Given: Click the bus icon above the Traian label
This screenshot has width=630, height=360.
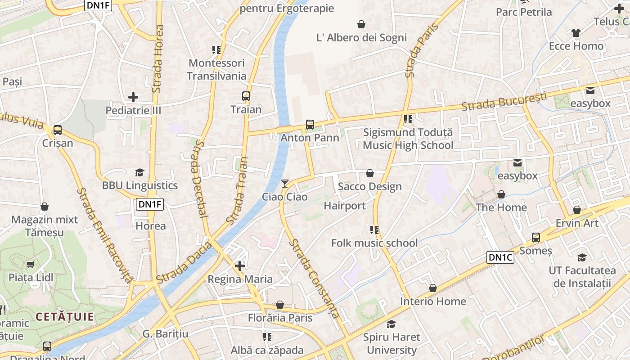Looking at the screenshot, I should click(x=246, y=96).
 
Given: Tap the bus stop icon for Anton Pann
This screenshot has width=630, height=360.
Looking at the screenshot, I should click(x=310, y=124).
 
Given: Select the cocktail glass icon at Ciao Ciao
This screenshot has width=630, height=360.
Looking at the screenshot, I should click(x=284, y=183).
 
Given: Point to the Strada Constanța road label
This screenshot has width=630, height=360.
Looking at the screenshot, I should click(x=314, y=279).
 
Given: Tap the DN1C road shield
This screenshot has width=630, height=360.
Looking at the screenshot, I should click(x=500, y=257).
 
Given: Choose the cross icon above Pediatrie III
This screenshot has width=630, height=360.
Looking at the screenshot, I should click(x=133, y=97).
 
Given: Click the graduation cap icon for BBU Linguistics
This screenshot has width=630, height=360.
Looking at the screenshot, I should click(x=139, y=172).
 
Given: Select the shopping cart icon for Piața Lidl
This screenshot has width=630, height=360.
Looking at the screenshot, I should click(x=31, y=264).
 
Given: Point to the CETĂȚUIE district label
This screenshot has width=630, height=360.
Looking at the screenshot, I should click(x=65, y=316).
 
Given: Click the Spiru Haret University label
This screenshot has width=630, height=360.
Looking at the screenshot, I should click(x=391, y=343).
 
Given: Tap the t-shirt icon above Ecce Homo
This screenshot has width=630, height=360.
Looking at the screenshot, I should click(x=576, y=32).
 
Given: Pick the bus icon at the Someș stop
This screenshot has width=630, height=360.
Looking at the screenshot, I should click(x=535, y=237).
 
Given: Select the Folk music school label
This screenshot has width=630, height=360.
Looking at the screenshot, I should click(x=374, y=243).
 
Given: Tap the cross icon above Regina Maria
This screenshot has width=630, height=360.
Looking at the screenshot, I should click(x=240, y=266).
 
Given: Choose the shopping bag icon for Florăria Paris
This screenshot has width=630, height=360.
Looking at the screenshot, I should click(x=280, y=305).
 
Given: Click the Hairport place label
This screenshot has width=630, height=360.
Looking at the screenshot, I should click(x=345, y=206).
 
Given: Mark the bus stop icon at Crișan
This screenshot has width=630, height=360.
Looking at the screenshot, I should click(x=57, y=130).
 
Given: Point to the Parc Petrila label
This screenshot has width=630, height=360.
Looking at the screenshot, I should click(x=524, y=12).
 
